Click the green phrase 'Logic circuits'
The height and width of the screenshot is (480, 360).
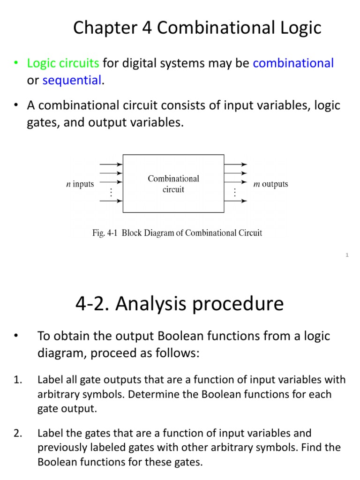63,63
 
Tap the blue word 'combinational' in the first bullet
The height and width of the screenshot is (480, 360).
293,63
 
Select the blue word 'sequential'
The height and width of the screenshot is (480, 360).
72,80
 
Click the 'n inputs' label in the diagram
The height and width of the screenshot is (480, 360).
80,184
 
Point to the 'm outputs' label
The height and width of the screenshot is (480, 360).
270,184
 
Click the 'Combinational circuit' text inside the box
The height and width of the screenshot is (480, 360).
173,184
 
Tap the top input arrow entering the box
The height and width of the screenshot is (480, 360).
111,165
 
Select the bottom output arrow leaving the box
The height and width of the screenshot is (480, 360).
236,201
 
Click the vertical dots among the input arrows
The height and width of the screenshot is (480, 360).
111,192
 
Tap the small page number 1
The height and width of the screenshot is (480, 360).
347,255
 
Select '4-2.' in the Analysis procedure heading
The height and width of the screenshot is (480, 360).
92,304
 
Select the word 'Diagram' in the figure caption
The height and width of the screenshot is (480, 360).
158,233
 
